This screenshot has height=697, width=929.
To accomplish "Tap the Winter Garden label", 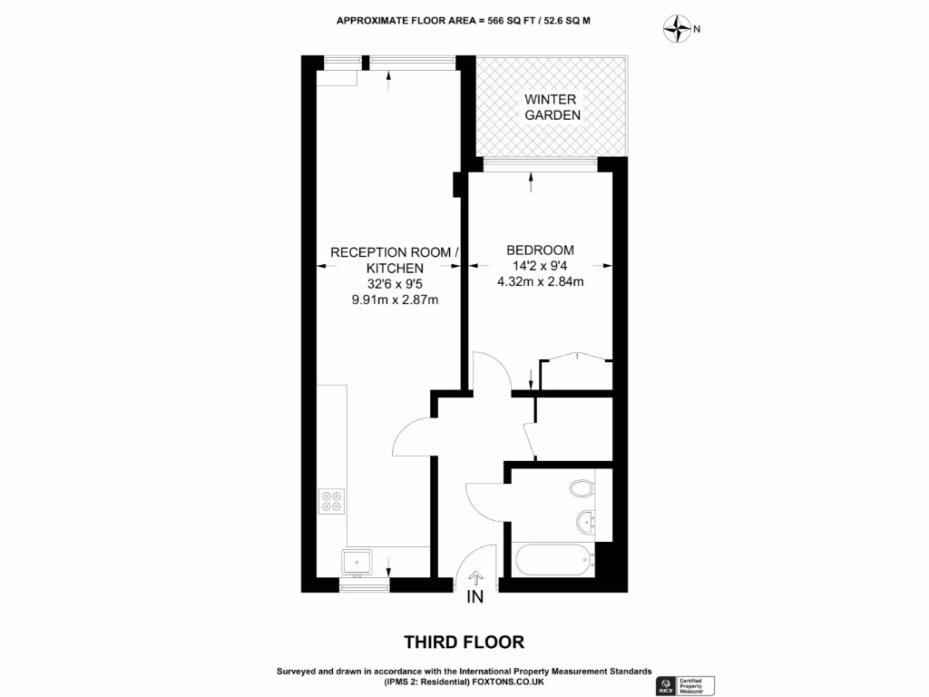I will (x=552, y=107).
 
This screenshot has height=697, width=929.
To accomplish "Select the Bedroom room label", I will (x=540, y=250).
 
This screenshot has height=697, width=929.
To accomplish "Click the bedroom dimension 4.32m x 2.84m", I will (x=540, y=282).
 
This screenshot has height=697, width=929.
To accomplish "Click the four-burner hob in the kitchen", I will (x=332, y=502).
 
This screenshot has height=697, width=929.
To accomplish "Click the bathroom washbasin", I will (x=585, y=521).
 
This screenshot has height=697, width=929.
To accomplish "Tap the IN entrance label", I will (x=475, y=597).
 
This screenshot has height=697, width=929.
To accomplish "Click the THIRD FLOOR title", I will (x=464, y=643).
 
